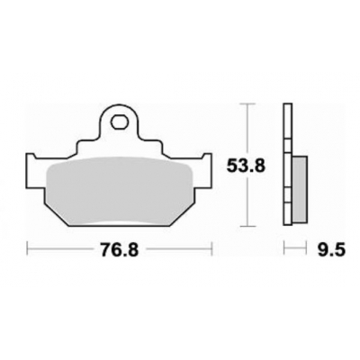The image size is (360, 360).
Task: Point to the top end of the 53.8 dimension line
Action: [247, 104]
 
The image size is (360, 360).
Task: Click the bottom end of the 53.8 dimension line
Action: [247, 225]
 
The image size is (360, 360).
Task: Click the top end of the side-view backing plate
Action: [287, 106]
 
